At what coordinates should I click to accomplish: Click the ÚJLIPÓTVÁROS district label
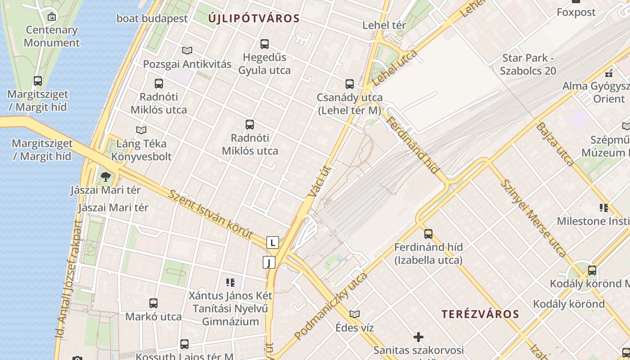(254, 18)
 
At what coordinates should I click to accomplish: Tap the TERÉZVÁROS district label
(480, 314)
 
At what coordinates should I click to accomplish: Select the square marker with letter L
(272, 243)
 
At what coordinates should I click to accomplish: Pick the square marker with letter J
(269, 262)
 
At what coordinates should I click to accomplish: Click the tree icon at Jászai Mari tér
(106, 176)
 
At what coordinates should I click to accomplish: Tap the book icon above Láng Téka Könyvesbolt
(141, 130)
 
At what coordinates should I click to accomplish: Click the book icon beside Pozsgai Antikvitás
(187, 51)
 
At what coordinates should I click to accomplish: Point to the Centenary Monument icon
(52, 17)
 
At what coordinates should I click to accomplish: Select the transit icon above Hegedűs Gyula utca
(265, 44)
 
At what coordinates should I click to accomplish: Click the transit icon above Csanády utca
(350, 84)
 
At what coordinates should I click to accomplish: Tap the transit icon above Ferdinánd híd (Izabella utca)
(428, 234)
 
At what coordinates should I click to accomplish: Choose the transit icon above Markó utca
(153, 303)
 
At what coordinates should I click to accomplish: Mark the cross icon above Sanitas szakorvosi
(418, 337)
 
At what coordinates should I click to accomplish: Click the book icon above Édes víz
(355, 314)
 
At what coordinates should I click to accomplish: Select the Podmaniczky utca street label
(331, 306)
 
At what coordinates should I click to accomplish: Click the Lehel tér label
(384, 25)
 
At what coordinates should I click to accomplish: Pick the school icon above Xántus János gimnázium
(230, 283)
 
